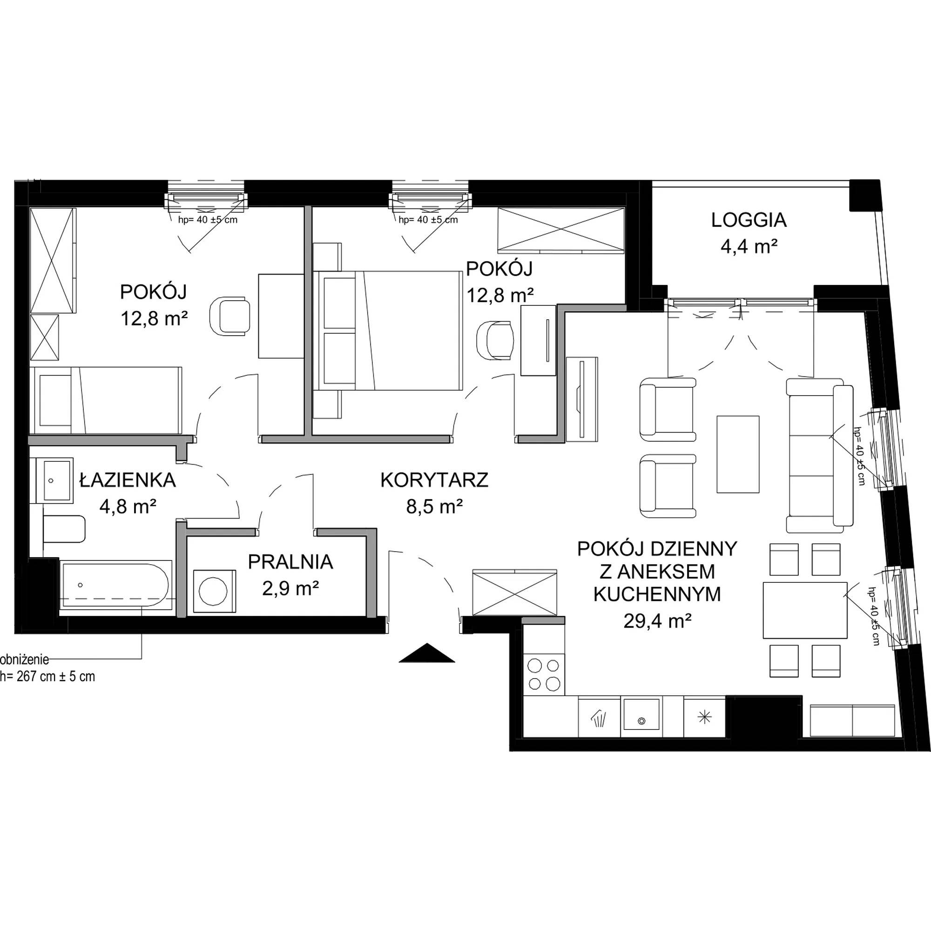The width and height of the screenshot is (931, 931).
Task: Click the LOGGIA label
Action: [749, 220]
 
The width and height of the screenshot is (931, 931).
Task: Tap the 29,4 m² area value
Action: [657, 621]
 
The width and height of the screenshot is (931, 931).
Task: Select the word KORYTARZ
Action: [434, 480]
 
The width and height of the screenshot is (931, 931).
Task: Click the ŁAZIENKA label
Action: [127, 480]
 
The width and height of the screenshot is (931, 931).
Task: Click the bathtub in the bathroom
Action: [115, 587]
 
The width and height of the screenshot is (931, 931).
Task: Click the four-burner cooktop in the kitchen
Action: [544, 674]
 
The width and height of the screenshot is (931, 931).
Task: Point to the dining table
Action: [805, 610]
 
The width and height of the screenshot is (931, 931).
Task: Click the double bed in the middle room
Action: [387, 330]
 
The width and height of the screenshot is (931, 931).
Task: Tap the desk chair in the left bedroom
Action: [230, 316]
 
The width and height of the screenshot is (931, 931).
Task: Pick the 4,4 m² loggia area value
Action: [749, 247]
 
